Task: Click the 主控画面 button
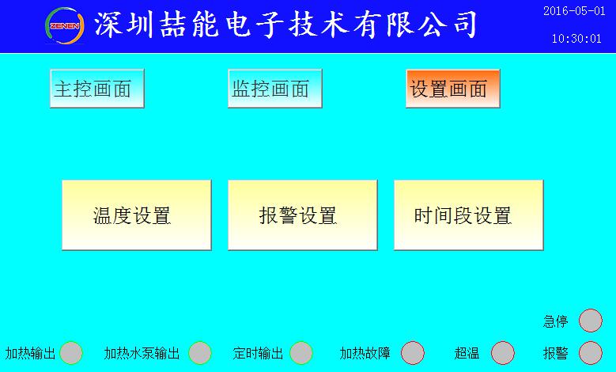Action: (x=97, y=89)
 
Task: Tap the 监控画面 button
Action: (x=275, y=89)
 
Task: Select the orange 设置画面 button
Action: (x=453, y=89)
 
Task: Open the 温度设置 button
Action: (x=137, y=215)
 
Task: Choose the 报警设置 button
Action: (x=303, y=215)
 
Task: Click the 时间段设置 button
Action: (x=469, y=215)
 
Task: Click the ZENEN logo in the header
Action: (x=64, y=25)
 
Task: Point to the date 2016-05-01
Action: (x=574, y=11)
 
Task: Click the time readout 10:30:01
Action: (x=576, y=39)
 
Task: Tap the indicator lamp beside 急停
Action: (x=591, y=321)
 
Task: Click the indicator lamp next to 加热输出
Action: (x=71, y=353)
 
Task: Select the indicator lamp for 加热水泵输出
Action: (x=199, y=353)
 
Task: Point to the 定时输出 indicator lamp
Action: (x=301, y=353)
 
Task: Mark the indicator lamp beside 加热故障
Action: (x=413, y=353)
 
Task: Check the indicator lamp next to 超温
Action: (x=502, y=353)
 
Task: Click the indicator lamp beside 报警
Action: (x=591, y=353)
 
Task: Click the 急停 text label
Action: (x=555, y=321)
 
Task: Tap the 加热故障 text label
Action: (x=365, y=353)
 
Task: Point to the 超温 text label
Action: (x=467, y=353)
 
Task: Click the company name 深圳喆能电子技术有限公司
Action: (x=285, y=25)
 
